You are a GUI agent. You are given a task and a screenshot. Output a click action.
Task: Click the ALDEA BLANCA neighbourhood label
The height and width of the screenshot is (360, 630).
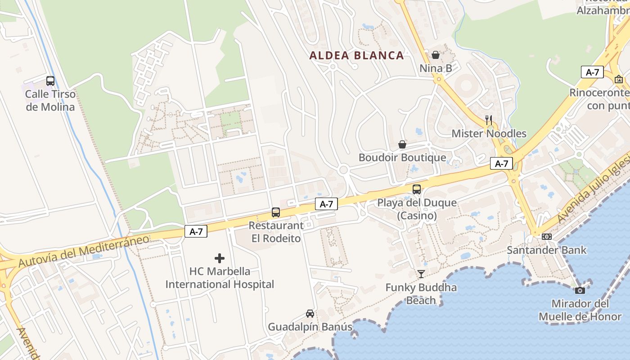(x=356, y=55)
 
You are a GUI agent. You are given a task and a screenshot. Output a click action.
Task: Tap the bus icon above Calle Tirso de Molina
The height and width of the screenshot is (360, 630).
(x=50, y=81)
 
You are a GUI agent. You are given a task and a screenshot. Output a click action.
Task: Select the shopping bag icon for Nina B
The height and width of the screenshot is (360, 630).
(x=436, y=55)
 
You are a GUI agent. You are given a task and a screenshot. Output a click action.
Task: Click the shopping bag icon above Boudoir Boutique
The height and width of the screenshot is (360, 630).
(x=402, y=144)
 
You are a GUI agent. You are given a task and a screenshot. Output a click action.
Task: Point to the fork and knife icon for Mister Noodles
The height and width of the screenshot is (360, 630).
(x=489, y=120)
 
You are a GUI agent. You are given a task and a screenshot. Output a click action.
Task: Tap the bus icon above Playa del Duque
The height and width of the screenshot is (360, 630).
(x=417, y=189)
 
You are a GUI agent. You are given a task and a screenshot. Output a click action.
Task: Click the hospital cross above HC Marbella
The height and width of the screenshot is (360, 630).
(x=220, y=258)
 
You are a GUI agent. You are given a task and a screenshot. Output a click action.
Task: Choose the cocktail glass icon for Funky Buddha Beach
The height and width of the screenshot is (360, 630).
(x=421, y=274)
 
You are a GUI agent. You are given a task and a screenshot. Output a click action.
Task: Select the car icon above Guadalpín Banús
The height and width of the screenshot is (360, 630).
(x=310, y=313)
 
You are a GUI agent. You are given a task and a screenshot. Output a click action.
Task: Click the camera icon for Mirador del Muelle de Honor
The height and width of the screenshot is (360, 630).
(x=580, y=290)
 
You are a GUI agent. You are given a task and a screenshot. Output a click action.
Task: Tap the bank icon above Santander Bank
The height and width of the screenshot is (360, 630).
(x=547, y=237)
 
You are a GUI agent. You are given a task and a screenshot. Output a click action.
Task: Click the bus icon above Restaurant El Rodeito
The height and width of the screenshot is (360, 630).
(x=276, y=212)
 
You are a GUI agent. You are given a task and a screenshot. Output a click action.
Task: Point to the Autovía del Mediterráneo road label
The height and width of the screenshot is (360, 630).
(x=84, y=251)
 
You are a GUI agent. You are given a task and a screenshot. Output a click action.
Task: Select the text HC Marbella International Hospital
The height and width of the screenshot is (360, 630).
(x=220, y=278)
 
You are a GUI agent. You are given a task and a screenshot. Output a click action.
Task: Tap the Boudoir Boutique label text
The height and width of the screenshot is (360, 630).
(x=402, y=157)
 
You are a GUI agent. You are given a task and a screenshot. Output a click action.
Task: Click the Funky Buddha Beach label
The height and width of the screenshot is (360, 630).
(x=421, y=294)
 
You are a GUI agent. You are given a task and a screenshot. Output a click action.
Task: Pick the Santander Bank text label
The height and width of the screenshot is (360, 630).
(x=547, y=250)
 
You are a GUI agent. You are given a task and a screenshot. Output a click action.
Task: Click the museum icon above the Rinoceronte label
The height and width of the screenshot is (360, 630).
(x=619, y=79)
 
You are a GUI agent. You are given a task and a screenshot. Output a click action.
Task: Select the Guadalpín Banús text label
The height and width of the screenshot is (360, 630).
(x=310, y=327)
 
